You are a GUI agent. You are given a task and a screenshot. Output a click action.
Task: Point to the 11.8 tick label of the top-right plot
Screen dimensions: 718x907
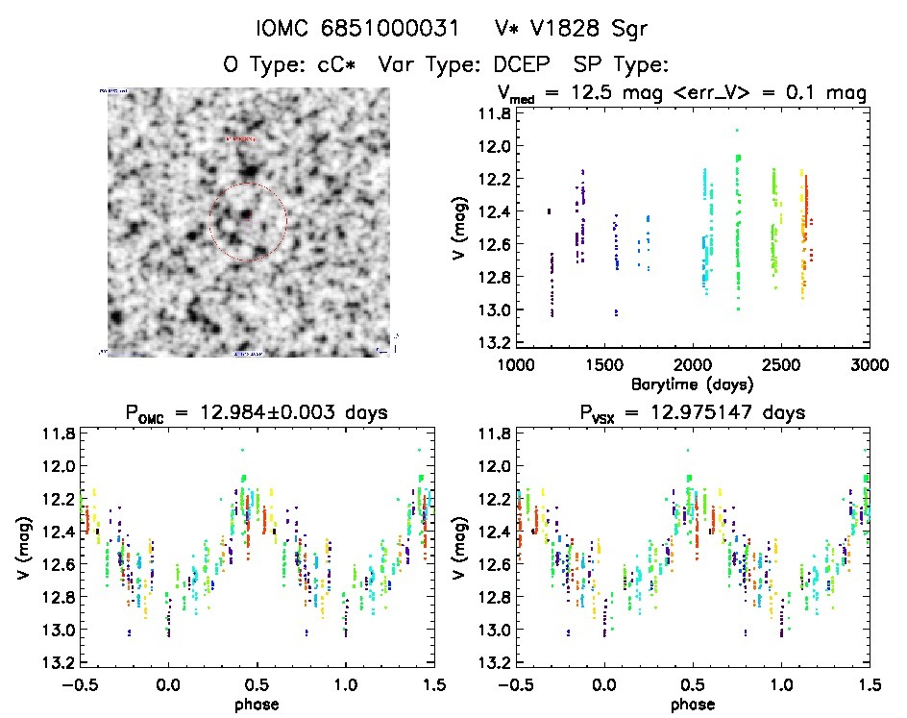[x=495, y=113]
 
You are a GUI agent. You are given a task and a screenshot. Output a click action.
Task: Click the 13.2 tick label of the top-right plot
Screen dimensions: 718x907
[x=495, y=343]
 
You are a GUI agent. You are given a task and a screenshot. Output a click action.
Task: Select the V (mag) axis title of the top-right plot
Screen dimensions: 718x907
[x=464, y=229]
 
